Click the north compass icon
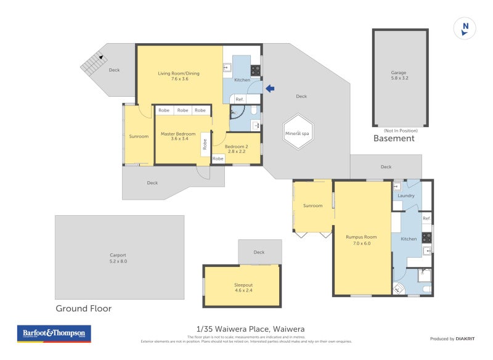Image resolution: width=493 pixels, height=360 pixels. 465,28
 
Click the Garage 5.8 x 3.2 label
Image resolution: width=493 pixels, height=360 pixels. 399,75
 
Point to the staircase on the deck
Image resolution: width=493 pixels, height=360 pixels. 93,63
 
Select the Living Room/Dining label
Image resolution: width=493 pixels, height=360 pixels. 179,76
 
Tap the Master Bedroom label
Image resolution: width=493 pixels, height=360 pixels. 177,136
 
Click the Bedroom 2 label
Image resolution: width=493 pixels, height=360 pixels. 236,148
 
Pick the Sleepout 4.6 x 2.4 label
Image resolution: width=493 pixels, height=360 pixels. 243,288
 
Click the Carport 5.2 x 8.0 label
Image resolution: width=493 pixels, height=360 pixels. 118,258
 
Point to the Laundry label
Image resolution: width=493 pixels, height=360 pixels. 405,196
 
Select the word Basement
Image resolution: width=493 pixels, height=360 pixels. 394,139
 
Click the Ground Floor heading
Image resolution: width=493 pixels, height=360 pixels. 83,308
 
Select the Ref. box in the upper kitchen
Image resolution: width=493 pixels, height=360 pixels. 240,99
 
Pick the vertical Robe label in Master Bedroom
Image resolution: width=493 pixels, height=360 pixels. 205,145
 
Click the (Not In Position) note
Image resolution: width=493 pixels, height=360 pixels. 400,130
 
